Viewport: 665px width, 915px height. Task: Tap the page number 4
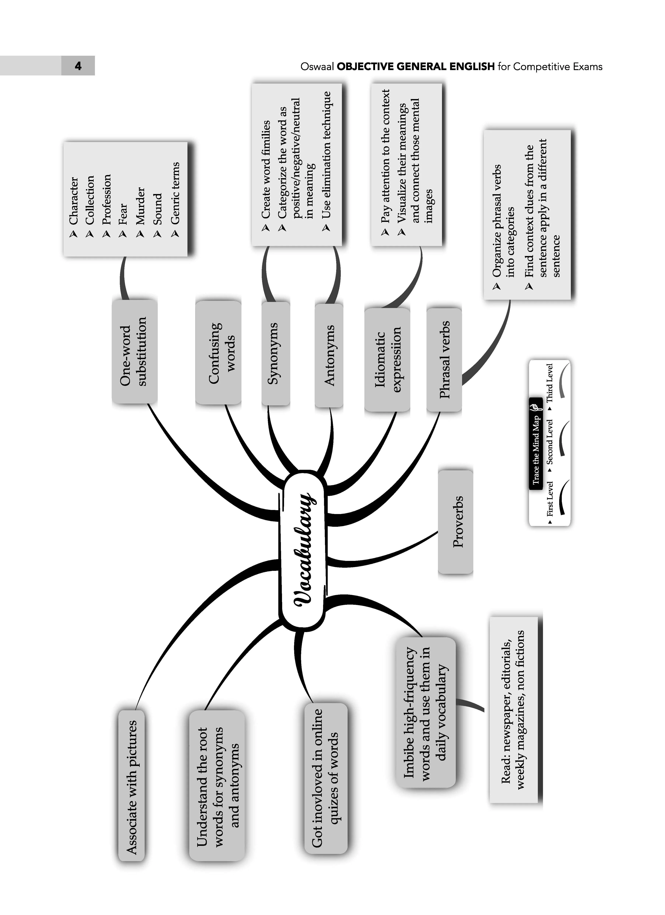(x=78, y=66)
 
